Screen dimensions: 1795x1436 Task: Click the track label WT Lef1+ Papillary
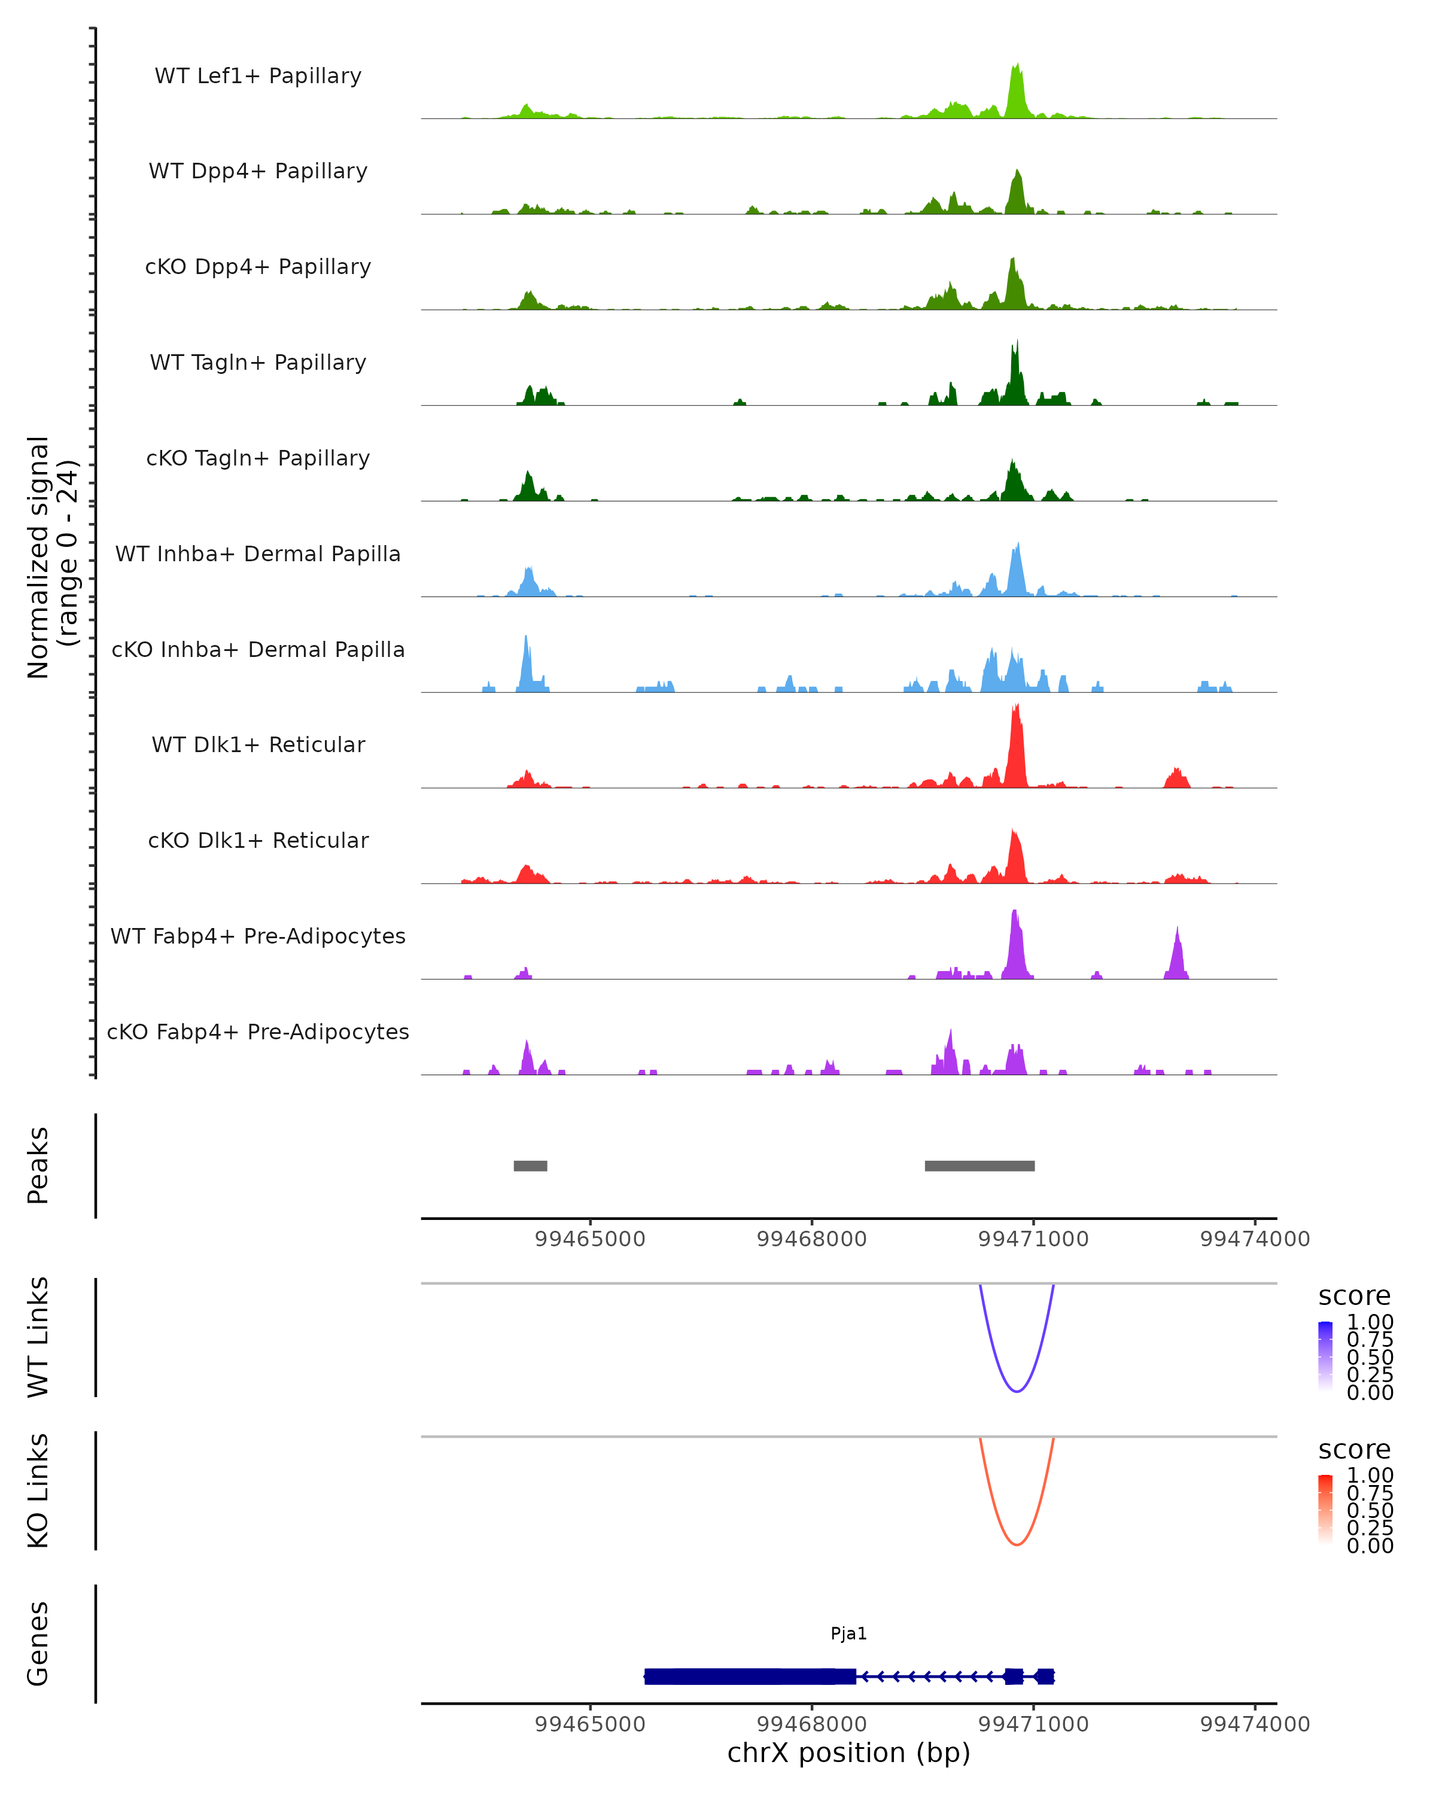[258, 76]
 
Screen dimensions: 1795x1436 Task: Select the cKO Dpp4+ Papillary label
[258, 266]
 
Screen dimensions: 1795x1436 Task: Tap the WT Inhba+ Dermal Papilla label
[258, 553]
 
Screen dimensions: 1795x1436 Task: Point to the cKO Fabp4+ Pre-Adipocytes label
[258, 1032]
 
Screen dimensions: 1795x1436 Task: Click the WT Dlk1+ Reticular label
[258, 745]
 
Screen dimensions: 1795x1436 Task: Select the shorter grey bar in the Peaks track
[530, 1166]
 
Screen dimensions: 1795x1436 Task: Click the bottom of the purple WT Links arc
[1017, 1391]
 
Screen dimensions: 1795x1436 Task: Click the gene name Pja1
[848, 1633]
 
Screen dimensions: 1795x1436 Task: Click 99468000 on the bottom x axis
[812, 1724]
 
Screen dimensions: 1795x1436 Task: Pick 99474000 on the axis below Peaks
[1255, 1239]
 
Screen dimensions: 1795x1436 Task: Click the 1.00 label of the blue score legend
[1370, 1322]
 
